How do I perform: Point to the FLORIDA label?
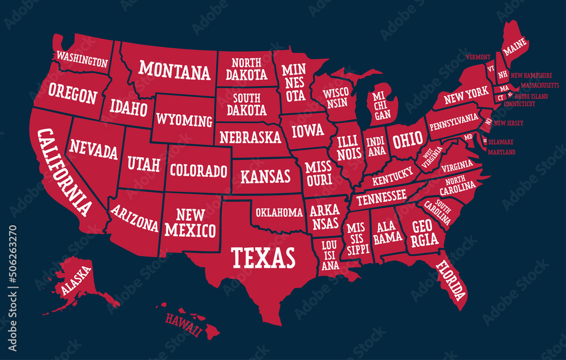451,280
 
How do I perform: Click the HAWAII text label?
183,325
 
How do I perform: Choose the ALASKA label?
76,281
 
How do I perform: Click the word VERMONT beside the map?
478,57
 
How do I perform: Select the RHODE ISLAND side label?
531,96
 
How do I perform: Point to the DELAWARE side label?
501,142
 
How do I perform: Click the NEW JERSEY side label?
508,123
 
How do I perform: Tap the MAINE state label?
515,49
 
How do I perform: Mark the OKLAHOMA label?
279,213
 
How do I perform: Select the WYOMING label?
184,120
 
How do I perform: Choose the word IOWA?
308,131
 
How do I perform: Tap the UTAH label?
143,165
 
